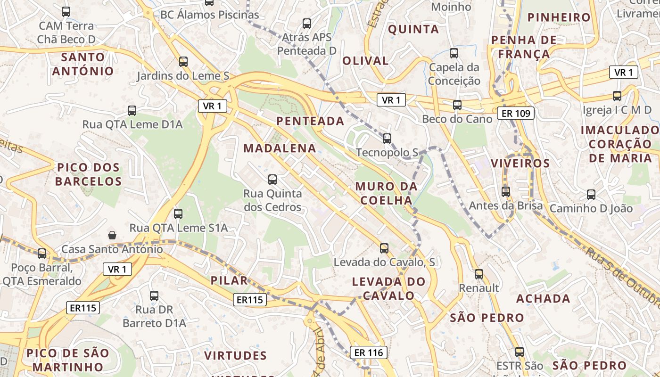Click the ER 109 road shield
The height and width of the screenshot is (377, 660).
coord(516,113)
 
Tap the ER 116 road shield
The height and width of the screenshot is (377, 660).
coord(368,352)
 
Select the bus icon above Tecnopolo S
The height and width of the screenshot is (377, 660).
coord(387,138)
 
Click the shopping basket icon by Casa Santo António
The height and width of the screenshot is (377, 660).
coord(112,235)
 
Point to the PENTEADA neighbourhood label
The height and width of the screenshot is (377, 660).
coord(310,121)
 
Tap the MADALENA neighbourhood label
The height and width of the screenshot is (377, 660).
coord(280,148)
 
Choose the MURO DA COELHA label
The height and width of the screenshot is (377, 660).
coord(384,193)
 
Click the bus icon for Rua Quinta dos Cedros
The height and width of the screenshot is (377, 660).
coord(272,179)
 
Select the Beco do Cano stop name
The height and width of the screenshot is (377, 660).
coord(457,119)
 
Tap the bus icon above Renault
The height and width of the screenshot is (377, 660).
coord(479,274)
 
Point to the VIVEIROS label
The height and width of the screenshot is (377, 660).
coord(520,164)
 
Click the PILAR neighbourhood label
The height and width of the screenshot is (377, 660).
coord(229,281)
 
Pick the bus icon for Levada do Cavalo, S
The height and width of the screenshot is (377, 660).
coord(384,248)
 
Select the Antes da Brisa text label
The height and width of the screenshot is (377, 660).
coord(506,206)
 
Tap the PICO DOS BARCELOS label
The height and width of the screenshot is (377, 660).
coord(88,174)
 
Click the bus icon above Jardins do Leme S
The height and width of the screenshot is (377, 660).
coord(183,61)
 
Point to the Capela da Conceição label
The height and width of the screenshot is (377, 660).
coord(454,74)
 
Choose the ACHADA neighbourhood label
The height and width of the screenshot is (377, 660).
coord(543,299)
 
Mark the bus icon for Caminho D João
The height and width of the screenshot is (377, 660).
coord(591,194)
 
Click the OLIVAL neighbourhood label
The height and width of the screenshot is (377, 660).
coord(365,61)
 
